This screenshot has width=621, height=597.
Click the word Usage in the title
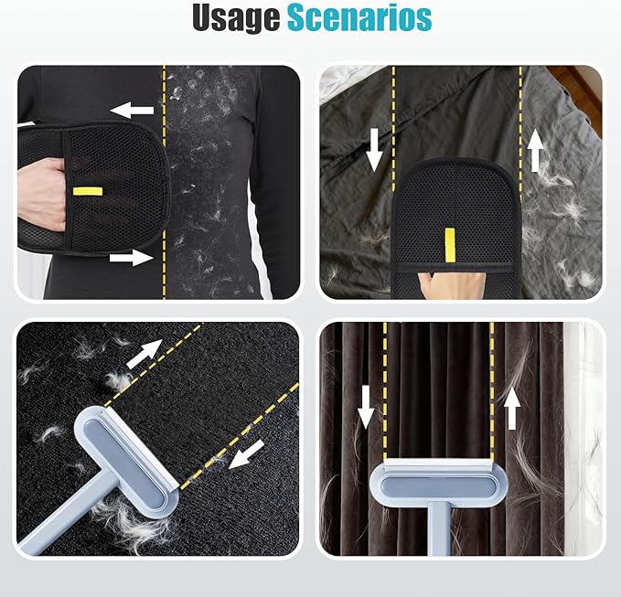point(236,17)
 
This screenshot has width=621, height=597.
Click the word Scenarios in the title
point(359,17)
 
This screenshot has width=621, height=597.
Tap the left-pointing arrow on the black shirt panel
point(133,110)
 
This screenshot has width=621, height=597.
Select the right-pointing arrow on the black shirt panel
point(131,258)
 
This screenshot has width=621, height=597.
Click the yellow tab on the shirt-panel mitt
point(88,192)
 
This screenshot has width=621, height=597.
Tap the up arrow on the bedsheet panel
point(535,150)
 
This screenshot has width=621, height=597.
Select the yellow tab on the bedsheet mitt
point(449,245)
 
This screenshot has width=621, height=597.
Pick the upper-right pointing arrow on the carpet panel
point(145,353)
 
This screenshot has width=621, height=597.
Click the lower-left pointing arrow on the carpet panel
point(246,454)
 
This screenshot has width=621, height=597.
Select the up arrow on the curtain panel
point(511,408)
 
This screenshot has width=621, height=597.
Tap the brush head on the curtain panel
point(438,482)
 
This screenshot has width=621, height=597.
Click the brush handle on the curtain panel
point(439,528)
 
